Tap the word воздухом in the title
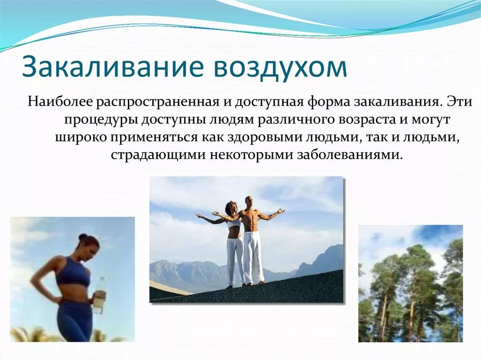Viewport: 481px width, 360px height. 280,67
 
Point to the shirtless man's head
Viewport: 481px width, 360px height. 248,201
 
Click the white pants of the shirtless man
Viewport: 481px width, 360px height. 254,256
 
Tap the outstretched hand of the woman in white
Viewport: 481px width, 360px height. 199,215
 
